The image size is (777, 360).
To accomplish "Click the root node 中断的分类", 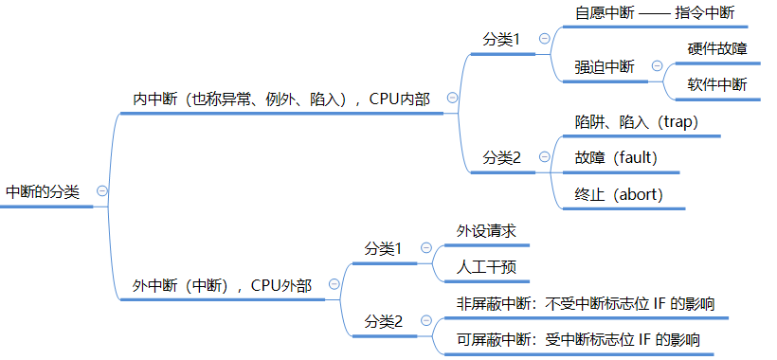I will tap(43, 191).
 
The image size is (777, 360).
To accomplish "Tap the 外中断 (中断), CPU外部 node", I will tap(221, 285).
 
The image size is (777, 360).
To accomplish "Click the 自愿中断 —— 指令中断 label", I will tap(655, 14).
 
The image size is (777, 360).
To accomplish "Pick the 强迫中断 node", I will tap(605, 66).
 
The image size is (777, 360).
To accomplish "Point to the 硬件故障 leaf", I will tap(717, 48).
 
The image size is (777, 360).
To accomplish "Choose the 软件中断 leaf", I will tap(717, 84).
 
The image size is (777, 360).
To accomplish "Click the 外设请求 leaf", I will tap(486, 230).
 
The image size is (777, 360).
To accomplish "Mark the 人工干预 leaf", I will tap(486, 266).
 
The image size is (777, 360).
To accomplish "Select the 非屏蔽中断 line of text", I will tap(585, 303).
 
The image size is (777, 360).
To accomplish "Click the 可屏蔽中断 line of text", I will tap(578, 339).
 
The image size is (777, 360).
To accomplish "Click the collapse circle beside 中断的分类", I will tap(101, 190).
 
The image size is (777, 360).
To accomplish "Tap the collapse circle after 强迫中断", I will tap(656, 66).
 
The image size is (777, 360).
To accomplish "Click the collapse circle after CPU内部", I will tap(452, 98).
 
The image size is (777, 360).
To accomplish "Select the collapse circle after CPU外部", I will tap(334, 284).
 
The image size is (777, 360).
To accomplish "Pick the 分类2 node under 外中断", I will tap(384, 322).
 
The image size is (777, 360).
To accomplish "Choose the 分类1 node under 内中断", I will tap(502, 39).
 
